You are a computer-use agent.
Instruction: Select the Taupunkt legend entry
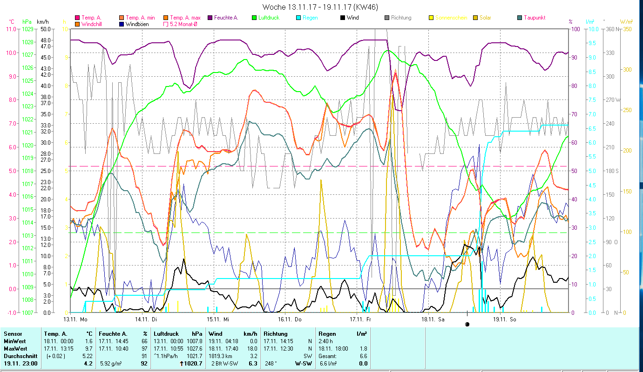click(534, 18)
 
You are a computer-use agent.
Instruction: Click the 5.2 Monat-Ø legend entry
click(183, 24)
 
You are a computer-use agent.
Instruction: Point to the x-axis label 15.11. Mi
click(217, 319)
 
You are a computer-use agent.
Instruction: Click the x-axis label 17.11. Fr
click(360, 319)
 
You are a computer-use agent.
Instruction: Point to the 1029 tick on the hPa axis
click(27, 29)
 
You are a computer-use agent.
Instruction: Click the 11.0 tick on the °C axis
click(11, 29)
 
